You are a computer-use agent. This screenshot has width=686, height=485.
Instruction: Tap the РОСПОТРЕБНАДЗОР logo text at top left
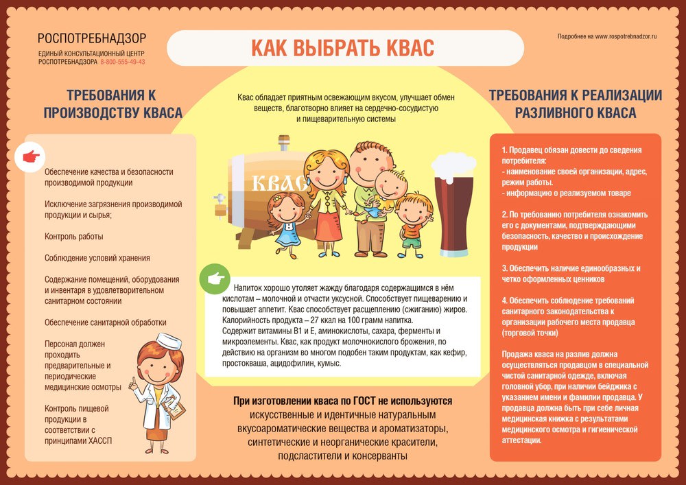click(91, 39)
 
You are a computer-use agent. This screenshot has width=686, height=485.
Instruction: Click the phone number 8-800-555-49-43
click(123, 62)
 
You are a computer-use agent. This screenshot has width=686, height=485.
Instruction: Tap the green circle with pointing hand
click(213, 279)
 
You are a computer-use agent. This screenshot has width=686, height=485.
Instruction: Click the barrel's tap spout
click(220, 200)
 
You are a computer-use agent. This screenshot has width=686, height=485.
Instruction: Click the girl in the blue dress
click(288, 220)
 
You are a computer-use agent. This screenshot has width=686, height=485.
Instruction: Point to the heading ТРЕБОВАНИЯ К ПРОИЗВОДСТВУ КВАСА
click(113, 104)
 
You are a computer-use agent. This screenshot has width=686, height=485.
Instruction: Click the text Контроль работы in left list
click(74, 236)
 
